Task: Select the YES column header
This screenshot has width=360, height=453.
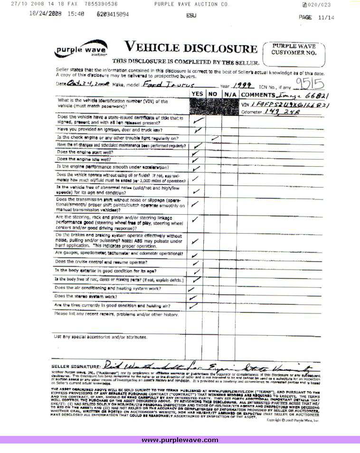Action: click(x=198, y=94)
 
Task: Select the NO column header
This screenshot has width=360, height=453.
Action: click(x=213, y=94)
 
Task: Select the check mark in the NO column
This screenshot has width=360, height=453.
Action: click(x=215, y=138)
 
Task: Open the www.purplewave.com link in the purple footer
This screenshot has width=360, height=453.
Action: click(x=180, y=440)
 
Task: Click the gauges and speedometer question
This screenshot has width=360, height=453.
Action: click(x=119, y=253)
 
